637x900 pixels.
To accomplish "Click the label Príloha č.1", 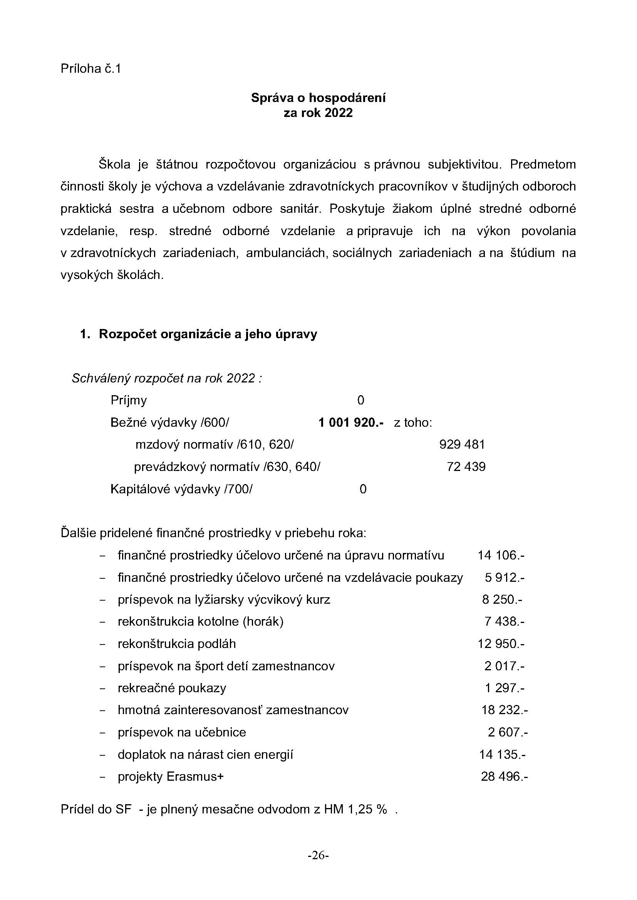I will (91, 68).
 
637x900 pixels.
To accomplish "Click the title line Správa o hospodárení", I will (318, 98).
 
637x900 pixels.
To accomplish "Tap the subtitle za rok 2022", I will (318, 113).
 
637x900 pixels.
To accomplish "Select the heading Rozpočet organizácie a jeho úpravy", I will (208, 334).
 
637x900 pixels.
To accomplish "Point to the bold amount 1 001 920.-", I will (351, 422).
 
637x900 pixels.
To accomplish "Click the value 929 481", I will (462, 444).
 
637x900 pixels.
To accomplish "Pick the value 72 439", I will (466, 467).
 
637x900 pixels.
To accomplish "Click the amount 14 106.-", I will (501, 556).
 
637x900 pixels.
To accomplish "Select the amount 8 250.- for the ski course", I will (502, 600).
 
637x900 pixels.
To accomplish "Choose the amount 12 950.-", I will (501, 644).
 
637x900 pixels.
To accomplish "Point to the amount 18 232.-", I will (505, 710).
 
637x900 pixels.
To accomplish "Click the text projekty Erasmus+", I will (170, 777).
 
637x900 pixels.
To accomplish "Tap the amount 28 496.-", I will (505, 777).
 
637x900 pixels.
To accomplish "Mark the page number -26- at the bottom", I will (318, 855).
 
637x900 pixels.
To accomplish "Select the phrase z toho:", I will (412, 422).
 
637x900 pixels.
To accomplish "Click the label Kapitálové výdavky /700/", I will (181, 489).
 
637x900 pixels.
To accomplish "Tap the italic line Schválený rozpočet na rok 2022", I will (166, 378).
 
